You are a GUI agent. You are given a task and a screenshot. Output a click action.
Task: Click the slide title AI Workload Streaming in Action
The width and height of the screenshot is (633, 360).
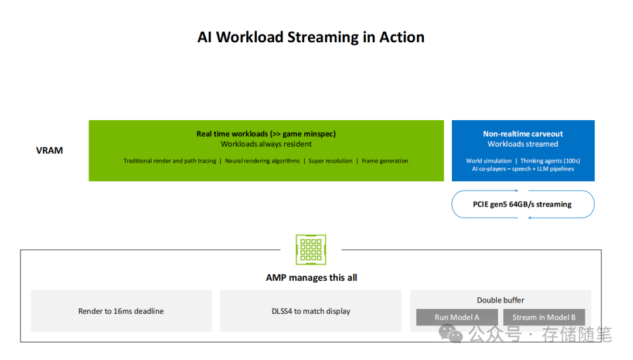click(311, 37)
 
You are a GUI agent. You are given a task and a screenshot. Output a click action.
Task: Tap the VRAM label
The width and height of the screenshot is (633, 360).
click(49, 150)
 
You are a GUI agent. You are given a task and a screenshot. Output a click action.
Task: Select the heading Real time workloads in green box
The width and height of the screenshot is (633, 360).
click(266, 134)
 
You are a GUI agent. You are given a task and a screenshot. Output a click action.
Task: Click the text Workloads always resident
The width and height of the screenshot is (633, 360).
click(266, 144)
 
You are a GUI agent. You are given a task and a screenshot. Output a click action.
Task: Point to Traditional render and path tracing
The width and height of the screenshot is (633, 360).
click(169, 161)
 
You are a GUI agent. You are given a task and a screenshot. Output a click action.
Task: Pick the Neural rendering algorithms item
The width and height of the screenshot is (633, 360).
click(262, 161)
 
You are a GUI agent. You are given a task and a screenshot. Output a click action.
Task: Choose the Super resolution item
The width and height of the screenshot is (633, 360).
click(331, 161)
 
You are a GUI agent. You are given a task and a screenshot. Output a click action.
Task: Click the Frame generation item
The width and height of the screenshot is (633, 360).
click(385, 161)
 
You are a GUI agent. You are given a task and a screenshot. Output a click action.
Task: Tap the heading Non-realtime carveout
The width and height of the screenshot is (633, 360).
click(523, 134)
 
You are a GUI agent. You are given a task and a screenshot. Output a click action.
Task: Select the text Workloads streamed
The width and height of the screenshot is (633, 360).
click(523, 144)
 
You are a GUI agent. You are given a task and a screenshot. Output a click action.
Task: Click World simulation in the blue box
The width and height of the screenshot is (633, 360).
click(489, 161)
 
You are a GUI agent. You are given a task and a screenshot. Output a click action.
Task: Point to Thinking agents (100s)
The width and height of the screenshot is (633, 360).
click(550, 161)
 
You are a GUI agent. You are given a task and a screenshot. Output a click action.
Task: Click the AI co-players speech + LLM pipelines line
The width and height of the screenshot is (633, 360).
click(523, 169)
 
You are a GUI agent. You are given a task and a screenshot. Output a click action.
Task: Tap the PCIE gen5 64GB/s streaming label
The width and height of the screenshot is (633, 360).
click(522, 204)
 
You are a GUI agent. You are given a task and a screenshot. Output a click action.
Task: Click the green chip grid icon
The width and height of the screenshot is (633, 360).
click(311, 250)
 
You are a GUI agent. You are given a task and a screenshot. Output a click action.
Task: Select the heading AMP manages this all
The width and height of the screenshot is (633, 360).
click(311, 277)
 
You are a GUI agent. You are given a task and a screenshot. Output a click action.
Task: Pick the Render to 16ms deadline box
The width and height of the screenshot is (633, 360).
click(121, 311)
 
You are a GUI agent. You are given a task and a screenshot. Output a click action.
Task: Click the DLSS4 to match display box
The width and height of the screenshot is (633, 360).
click(311, 311)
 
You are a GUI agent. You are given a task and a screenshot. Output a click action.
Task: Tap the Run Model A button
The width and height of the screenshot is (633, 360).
click(457, 317)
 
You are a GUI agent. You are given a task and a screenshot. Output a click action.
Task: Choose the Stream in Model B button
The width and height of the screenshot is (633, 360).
click(544, 317)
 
